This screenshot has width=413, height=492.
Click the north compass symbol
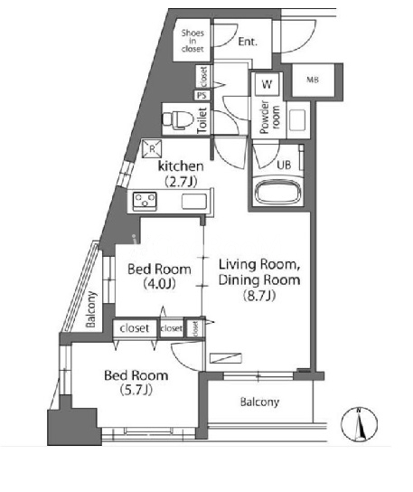coord(360,424)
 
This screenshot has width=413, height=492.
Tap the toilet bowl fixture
coord(177,119)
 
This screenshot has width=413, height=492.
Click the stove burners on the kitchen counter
coord(145,200)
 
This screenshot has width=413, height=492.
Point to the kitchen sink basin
coord(194,202)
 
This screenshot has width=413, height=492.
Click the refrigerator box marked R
coord(152,148)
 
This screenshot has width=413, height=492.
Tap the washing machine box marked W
coord(267,84)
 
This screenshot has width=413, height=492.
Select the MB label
coord(313,80)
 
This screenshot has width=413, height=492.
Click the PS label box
coord(202,95)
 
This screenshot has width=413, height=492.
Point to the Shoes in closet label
coord(192,41)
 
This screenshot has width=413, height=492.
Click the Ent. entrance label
coord(248,42)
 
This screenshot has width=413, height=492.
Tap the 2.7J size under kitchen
coord(181,182)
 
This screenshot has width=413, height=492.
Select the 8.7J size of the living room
coord(259,295)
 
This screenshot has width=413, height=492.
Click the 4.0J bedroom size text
coord(159,284)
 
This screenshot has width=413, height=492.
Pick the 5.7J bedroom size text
coord(136,390)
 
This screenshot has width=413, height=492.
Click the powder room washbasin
coord(297,120)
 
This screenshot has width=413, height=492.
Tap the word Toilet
coord(202,120)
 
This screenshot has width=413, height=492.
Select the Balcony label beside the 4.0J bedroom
coord(91,309)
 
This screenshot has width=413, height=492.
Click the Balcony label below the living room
coord(259,402)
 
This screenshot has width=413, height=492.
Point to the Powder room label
coord(269,117)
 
